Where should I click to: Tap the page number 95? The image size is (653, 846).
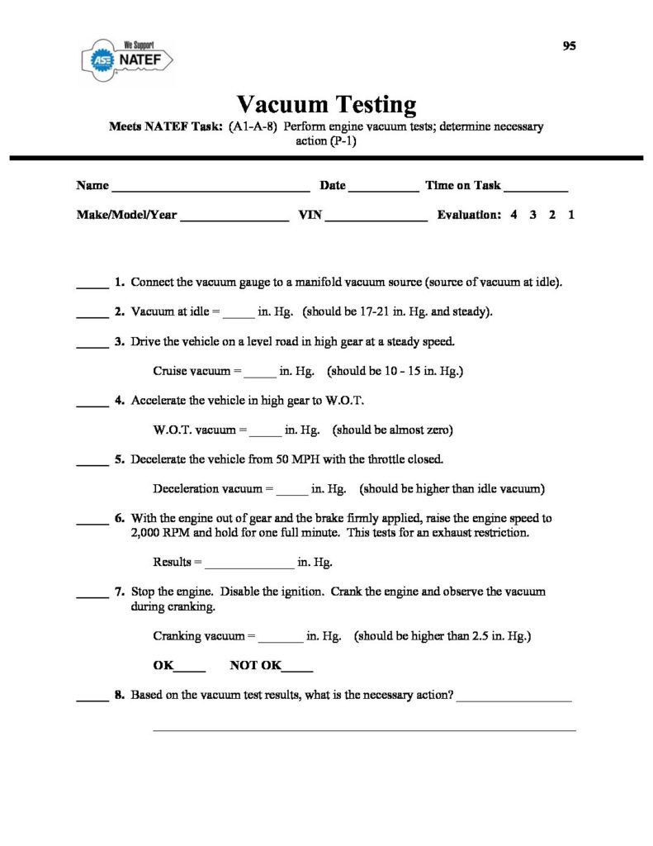point(569,46)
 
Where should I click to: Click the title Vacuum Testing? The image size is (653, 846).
point(326,105)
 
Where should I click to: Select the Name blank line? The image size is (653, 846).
point(211,189)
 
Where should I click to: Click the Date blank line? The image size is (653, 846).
point(384,189)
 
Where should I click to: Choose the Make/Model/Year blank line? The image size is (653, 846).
point(234,219)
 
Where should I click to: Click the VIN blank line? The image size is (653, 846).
point(377,219)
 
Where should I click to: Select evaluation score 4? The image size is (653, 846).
point(513,215)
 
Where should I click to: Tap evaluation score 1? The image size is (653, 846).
point(571,215)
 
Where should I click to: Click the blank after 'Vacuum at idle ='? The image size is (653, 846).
point(239,316)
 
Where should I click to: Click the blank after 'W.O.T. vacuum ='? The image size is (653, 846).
point(265,434)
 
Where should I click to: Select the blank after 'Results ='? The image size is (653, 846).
point(248,567)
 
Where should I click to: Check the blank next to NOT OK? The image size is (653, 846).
point(297,669)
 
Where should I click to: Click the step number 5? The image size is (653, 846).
point(120,459)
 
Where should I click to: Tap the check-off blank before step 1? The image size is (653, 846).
point(92,286)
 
